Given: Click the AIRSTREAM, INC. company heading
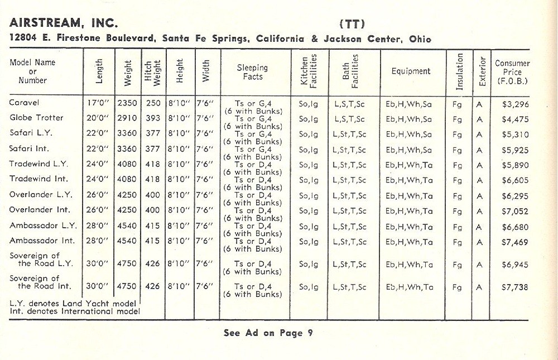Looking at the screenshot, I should [64, 23].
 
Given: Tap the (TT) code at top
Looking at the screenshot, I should [352, 23].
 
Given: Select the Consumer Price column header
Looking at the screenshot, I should [512, 72].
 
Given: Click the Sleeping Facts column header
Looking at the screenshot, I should [253, 72].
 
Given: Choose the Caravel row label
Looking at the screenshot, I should [25, 103].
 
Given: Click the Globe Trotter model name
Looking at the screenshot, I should [36, 118].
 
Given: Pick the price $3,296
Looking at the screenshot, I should [515, 104].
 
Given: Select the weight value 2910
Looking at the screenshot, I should [127, 118].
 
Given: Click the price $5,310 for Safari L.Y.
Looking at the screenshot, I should [515, 134].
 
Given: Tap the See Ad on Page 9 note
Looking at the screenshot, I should [268, 333].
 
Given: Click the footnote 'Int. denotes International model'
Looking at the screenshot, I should [74, 310].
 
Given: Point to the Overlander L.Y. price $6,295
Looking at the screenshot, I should [515, 196].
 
